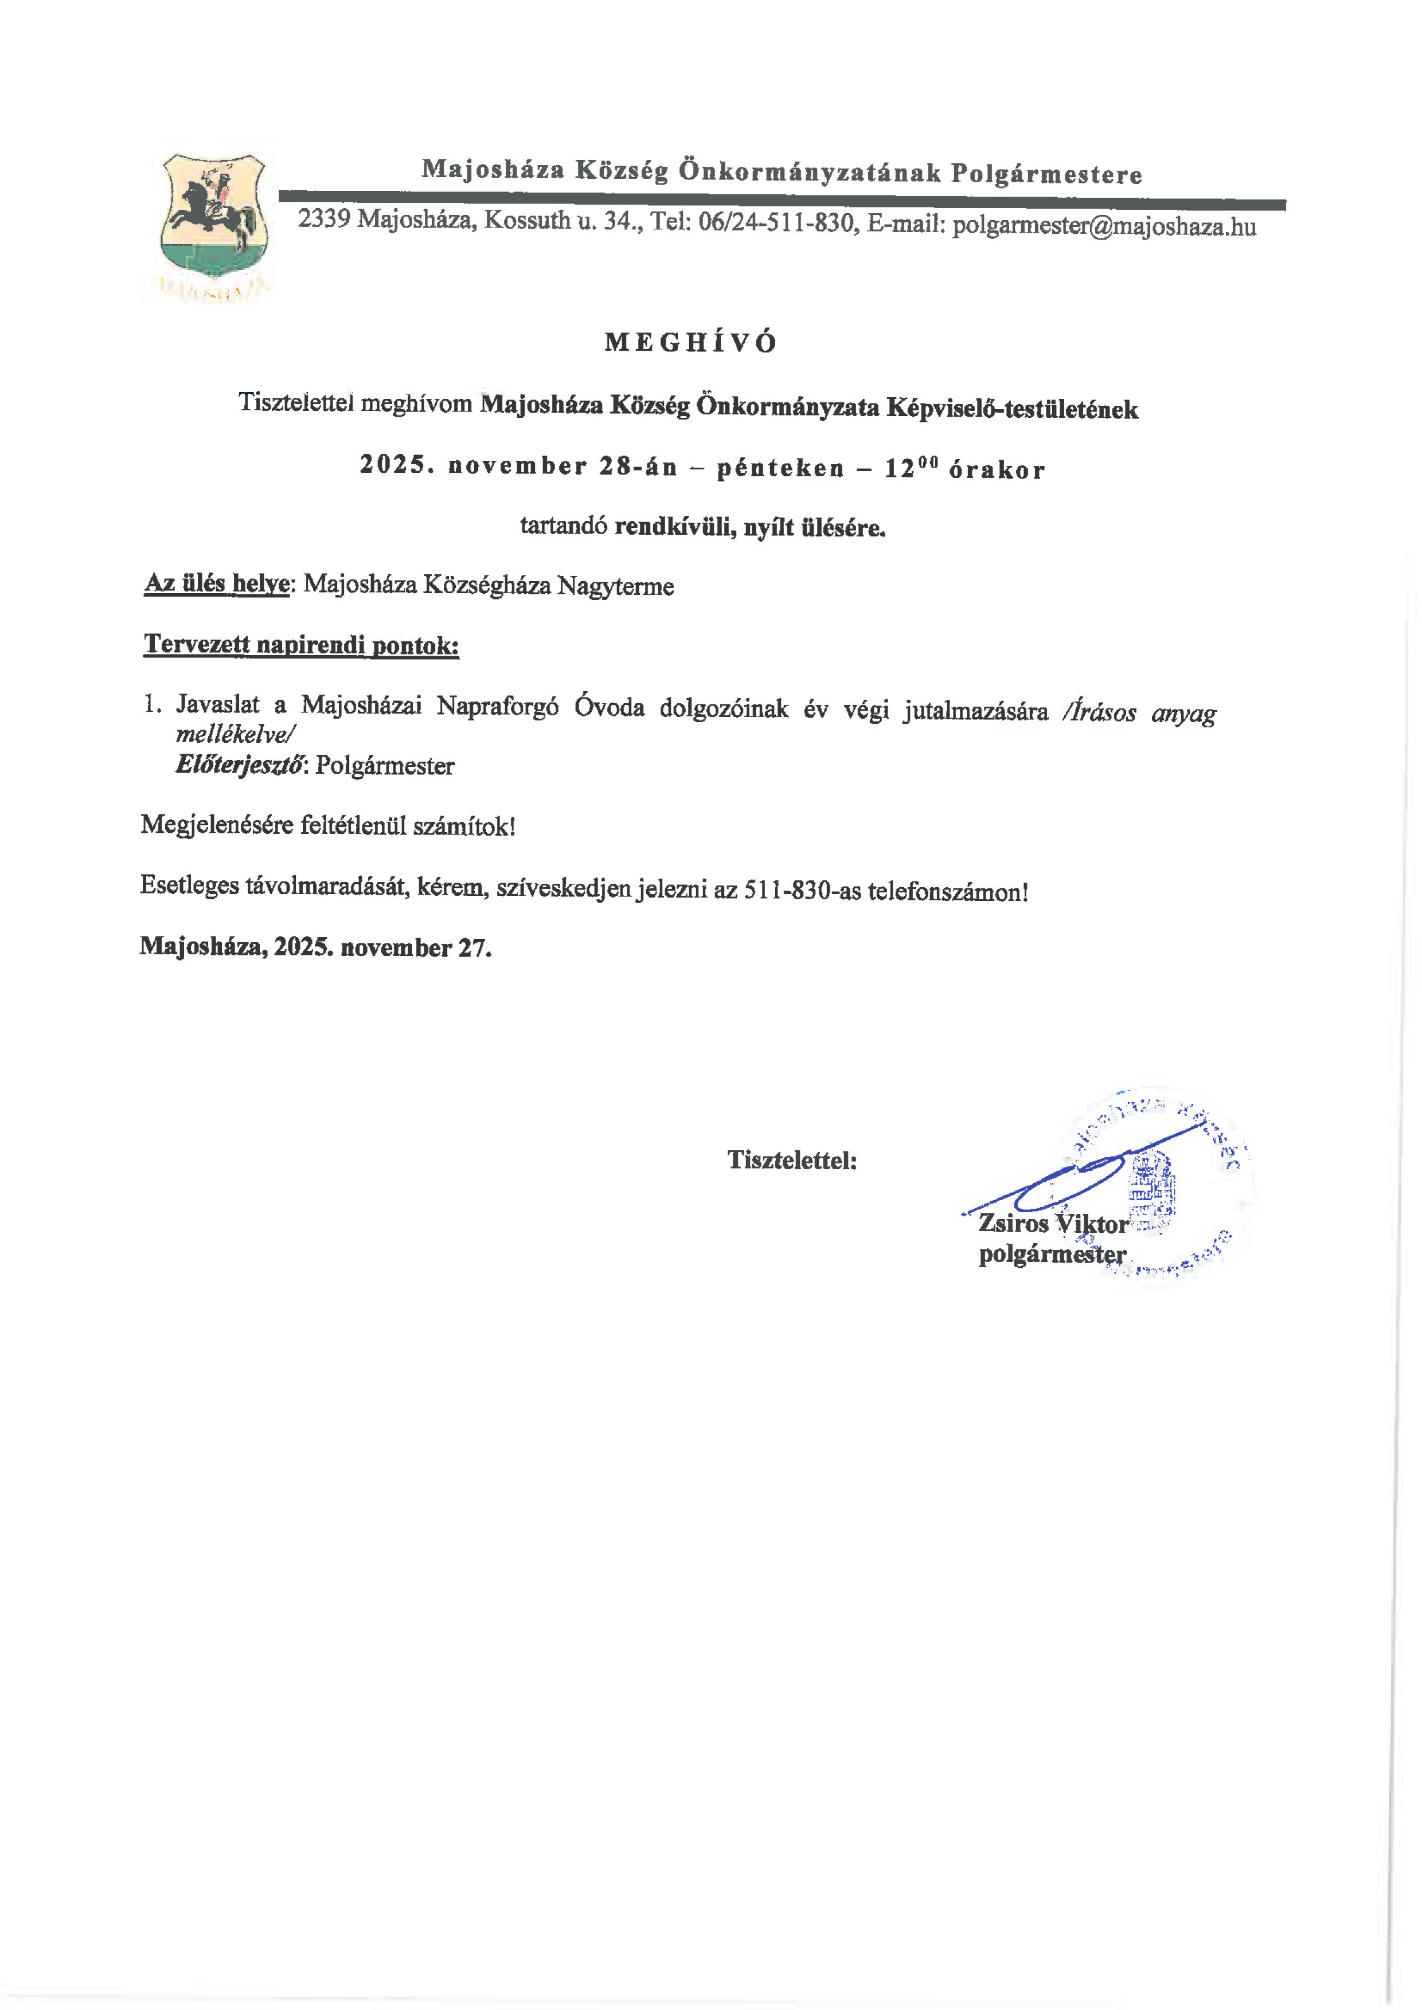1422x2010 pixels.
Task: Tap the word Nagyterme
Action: (616, 586)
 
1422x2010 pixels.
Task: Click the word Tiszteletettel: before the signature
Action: (791, 1160)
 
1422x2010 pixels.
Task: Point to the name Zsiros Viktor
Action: (1053, 1223)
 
